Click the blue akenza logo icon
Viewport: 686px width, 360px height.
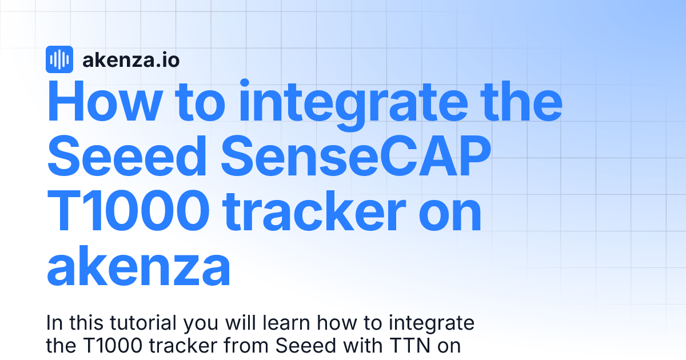pyautogui.click(x=59, y=59)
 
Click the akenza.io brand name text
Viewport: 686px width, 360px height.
pyautogui.click(x=131, y=59)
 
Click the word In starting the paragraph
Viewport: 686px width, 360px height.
pyautogui.click(x=54, y=323)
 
